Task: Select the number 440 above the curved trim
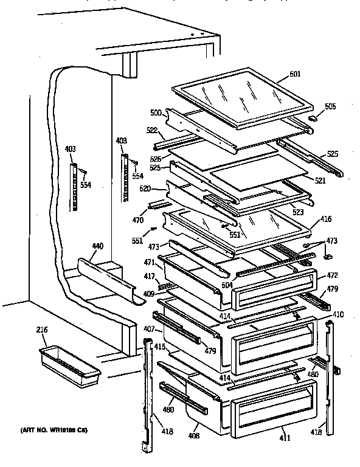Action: coord(97,246)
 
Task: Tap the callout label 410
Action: coord(339,314)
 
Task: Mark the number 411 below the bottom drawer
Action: coord(286,438)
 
